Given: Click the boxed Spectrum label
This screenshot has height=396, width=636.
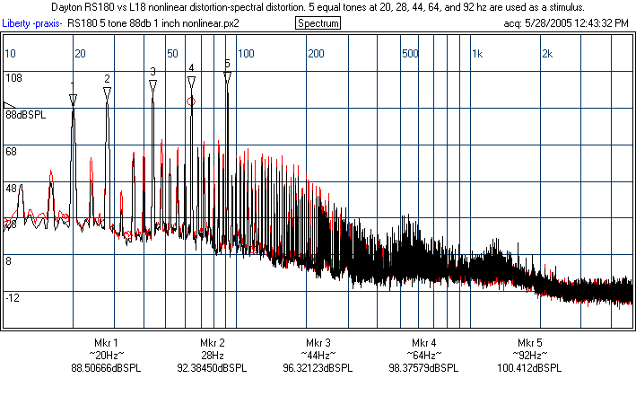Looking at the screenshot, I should click(318, 22).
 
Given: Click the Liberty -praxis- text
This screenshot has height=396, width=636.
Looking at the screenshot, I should click(33, 22).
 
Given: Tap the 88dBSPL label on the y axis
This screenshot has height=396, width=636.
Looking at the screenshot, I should click(25, 115).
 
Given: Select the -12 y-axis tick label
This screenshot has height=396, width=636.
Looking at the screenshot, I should click(13, 297).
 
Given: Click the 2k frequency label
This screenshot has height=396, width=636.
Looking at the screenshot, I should click(546, 54).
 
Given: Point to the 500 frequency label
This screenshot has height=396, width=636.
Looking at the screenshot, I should click(411, 54).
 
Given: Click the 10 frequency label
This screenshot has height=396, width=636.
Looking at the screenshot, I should click(11, 54).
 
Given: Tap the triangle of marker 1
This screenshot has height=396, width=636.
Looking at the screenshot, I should click(73, 98).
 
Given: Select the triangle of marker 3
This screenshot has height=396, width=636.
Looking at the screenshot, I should click(153, 84).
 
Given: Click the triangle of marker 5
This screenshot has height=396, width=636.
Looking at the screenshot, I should click(227, 77).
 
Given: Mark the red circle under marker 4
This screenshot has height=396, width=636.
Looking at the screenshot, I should click(191, 101).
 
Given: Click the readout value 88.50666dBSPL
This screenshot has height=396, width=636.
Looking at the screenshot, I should click(106, 368).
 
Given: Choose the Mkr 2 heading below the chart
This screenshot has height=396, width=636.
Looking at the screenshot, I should click(213, 343).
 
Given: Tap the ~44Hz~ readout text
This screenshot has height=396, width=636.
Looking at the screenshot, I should click(318, 356).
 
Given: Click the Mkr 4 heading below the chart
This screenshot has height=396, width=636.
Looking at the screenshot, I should click(424, 343).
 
